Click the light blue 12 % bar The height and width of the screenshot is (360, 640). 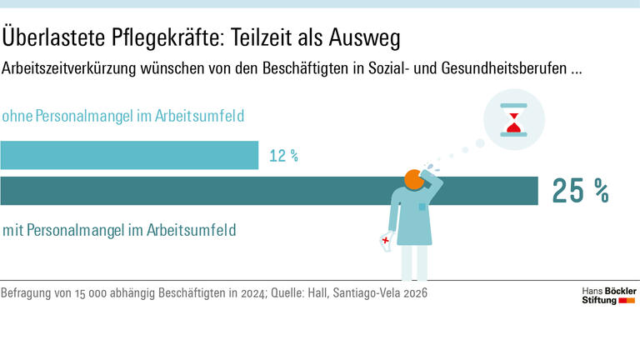(x=129, y=155)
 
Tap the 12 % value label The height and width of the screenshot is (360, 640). (x=283, y=156)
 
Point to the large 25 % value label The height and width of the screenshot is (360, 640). (x=580, y=192)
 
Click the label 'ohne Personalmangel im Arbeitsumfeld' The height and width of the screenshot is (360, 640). (x=123, y=117)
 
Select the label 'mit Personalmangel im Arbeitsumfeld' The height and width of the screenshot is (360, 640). (x=118, y=229)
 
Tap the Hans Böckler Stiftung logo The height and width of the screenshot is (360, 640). (x=608, y=295)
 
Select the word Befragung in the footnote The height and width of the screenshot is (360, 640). (x=28, y=294)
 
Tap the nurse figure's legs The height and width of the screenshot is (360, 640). (x=414, y=262)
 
